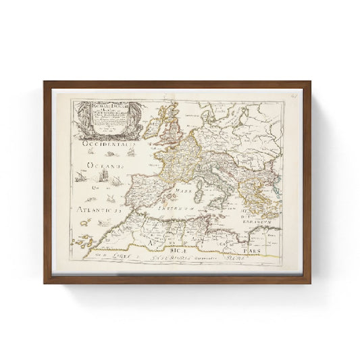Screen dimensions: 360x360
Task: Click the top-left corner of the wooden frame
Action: click(45, 83)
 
